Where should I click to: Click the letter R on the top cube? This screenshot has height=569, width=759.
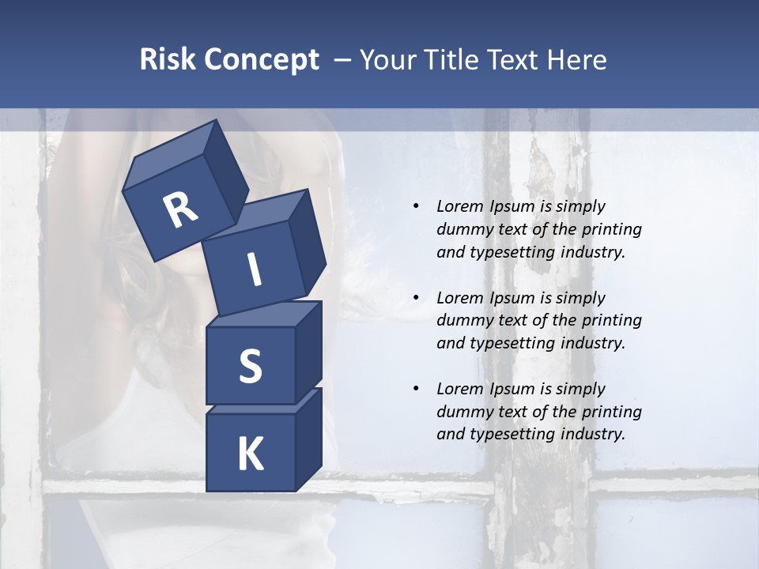pyautogui.click(x=180, y=210)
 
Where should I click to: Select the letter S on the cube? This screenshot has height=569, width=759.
pyautogui.click(x=250, y=366)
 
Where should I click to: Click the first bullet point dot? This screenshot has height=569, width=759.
pyautogui.click(x=416, y=206)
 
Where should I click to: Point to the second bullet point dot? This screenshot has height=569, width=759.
pyautogui.click(x=416, y=298)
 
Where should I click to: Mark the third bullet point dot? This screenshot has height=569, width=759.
pyautogui.click(x=416, y=389)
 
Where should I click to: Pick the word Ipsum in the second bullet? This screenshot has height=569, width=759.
pyautogui.click(x=512, y=298)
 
